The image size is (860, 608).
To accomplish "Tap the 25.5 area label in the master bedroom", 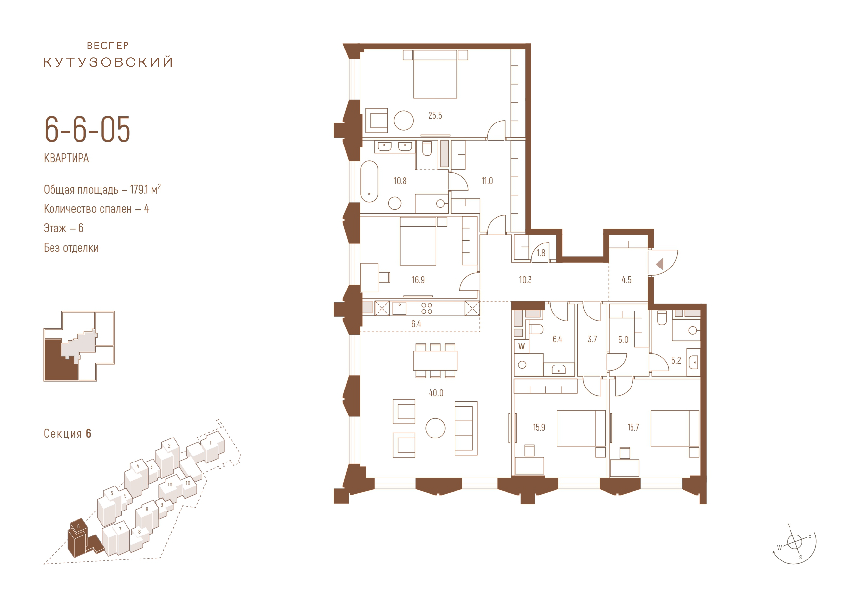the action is pyautogui.click(x=435, y=115).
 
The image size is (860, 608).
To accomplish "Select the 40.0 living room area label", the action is pyautogui.click(x=436, y=393).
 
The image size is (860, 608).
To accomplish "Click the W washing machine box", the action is pyautogui.click(x=521, y=346).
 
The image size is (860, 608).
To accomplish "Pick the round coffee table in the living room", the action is pyautogui.click(x=435, y=428).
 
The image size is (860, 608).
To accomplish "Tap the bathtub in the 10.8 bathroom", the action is pyautogui.click(x=369, y=182).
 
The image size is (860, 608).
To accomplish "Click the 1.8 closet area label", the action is pyautogui.click(x=541, y=253).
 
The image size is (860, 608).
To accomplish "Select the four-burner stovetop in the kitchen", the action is pyautogui.click(x=427, y=308).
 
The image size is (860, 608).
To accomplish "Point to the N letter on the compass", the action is pyautogui.click(x=789, y=526).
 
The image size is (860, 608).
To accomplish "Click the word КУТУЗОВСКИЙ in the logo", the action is pyautogui.click(x=108, y=62).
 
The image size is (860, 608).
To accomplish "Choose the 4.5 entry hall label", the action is pyautogui.click(x=626, y=280).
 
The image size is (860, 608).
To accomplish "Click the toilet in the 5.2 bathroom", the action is pyautogui.click(x=662, y=318).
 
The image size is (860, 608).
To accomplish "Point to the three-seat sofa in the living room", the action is pyautogui.click(x=466, y=428).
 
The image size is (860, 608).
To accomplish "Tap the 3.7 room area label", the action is pyautogui.click(x=592, y=340).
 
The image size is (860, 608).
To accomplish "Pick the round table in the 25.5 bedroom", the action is pyautogui.click(x=404, y=121).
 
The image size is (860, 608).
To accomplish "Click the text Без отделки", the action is pyautogui.click(x=71, y=248).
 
